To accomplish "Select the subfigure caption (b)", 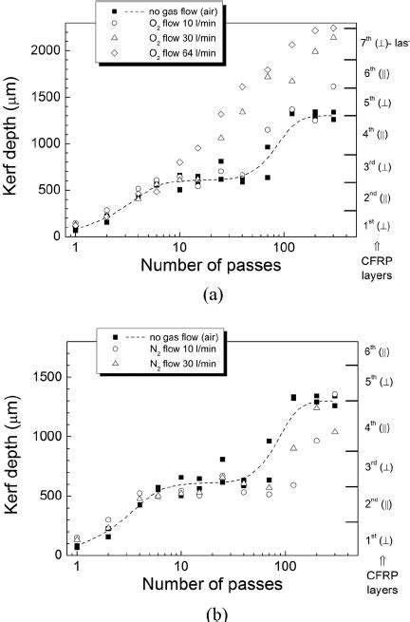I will click(x=206, y=613).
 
